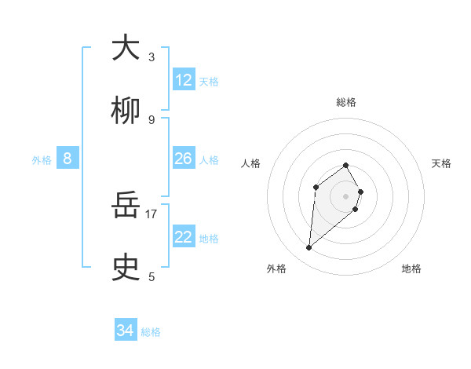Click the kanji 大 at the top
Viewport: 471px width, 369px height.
[126, 49]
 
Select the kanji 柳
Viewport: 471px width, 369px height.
[126, 111]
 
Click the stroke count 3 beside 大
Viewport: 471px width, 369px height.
[152, 57]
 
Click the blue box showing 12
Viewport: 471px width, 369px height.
[184, 80]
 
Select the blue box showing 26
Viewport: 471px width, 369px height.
[184, 159]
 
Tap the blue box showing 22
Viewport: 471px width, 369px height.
[184, 237]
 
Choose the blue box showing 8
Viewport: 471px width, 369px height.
[68, 159]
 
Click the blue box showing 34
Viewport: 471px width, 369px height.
[126, 331]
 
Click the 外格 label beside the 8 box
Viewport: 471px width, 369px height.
[42, 160]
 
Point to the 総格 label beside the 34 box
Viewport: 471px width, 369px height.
[151, 332]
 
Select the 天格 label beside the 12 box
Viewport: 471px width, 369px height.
[209, 81]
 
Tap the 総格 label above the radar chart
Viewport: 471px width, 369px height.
[346, 102]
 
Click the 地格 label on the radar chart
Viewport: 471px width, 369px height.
[411, 269]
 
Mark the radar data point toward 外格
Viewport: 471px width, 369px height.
[309, 248]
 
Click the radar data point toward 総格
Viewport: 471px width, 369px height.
[346, 165]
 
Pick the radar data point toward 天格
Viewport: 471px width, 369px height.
[360, 192]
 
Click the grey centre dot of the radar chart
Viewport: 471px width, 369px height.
[346, 196]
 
